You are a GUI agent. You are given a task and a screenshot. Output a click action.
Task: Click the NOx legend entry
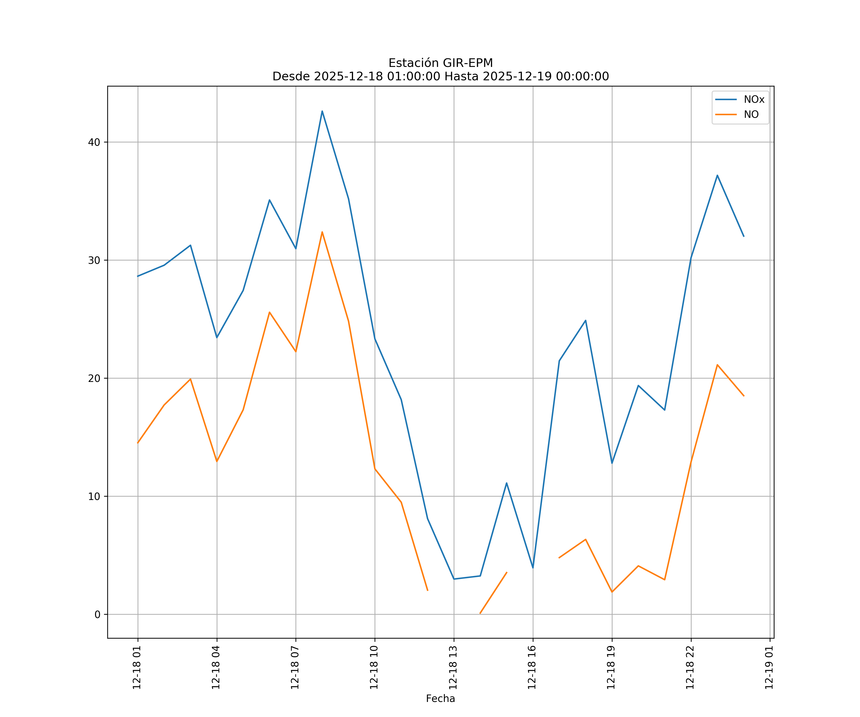tap(753, 100)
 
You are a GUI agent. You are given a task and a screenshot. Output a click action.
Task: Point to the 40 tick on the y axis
tap(94, 142)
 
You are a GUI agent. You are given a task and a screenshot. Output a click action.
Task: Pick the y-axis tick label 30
tap(94, 260)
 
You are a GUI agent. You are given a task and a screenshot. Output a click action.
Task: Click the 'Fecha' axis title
tap(440, 699)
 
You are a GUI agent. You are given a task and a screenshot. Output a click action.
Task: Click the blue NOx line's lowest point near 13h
tap(454, 579)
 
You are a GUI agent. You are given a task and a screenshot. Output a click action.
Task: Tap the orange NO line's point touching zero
tap(480, 613)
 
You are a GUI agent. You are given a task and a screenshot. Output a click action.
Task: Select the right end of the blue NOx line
tap(744, 236)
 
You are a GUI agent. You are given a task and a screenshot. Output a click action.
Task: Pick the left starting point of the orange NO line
tap(138, 443)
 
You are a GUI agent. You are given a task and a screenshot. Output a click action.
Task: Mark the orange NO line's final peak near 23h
tap(717, 365)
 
